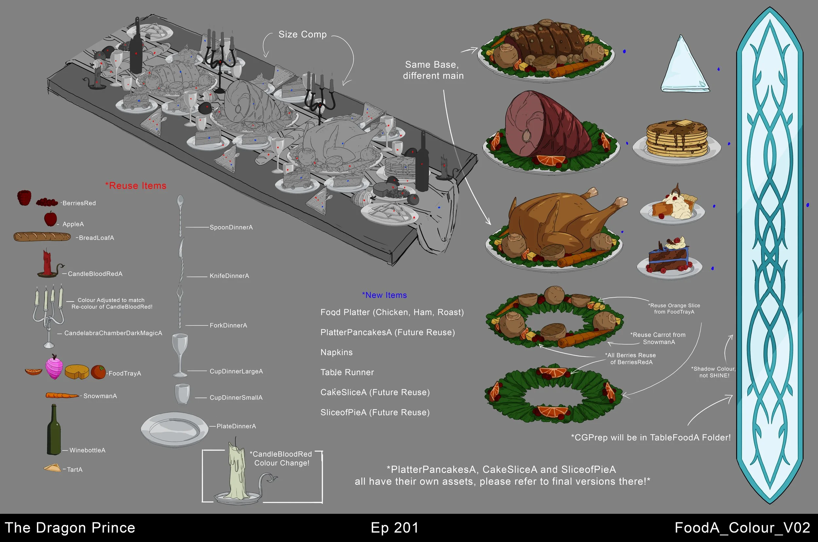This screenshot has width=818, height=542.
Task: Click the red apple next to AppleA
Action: [50, 219]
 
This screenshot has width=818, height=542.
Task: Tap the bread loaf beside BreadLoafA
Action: [42, 237]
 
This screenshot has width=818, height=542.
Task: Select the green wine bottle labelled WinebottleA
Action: [54, 430]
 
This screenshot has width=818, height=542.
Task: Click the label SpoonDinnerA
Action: [231, 227]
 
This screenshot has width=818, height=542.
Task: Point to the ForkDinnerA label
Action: [228, 325]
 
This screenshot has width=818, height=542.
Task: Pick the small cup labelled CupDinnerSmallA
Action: [182, 394]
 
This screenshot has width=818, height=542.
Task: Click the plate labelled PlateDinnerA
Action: [174, 429]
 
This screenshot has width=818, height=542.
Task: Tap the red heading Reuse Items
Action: [136, 185]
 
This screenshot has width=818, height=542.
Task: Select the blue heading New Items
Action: [384, 295]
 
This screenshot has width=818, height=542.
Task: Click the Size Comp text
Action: [303, 35]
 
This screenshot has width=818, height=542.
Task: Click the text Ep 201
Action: [395, 528]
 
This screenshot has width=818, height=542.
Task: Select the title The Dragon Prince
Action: [70, 528]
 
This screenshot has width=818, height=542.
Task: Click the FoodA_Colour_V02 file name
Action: [742, 528]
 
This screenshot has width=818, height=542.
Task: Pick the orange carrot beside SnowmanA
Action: [62, 395]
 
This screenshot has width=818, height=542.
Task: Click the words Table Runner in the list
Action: [347, 372]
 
